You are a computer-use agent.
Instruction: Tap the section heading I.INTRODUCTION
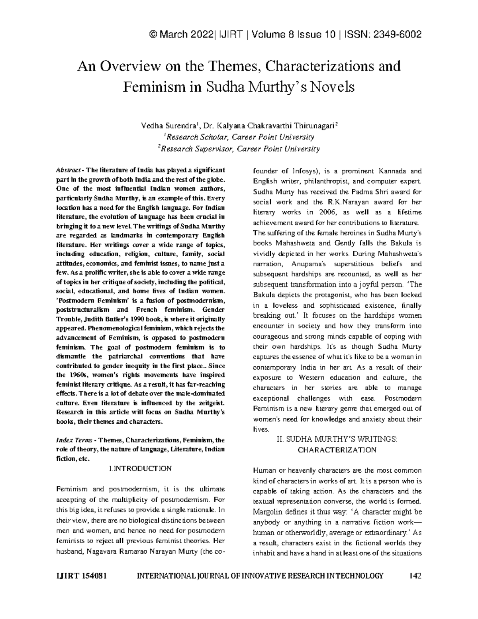click(x=140, y=469)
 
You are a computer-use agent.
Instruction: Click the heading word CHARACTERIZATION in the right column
click(x=337, y=450)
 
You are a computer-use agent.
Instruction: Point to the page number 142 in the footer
click(x=415, y=576)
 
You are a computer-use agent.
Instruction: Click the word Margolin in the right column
click(x=268, y=512)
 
